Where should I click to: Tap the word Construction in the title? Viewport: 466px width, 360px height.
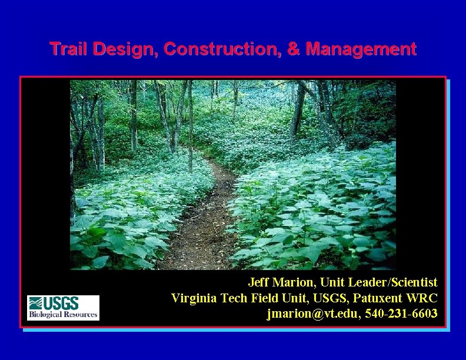[x=222, y=48]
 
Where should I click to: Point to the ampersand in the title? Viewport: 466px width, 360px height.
[x=293, y=48]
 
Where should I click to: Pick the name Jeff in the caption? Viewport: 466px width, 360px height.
[x=258, y=282]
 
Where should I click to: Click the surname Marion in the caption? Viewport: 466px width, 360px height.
[x=292, y=282]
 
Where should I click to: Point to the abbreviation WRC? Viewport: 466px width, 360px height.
[x=423, y=298]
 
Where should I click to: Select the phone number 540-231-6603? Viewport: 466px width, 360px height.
[x=401, y=314]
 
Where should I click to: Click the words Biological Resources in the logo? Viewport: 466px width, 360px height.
[x=63, y=315]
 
